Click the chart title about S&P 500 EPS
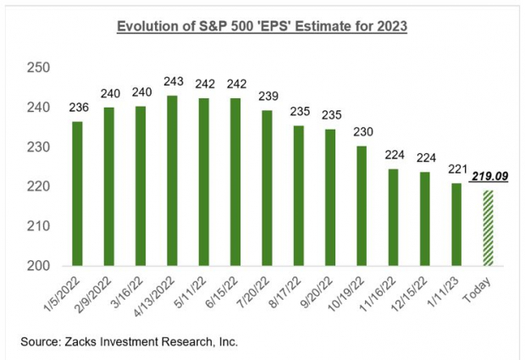pyautogui.click(x=262, y=26)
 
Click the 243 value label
pyautogui.click(x=173, y=85)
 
